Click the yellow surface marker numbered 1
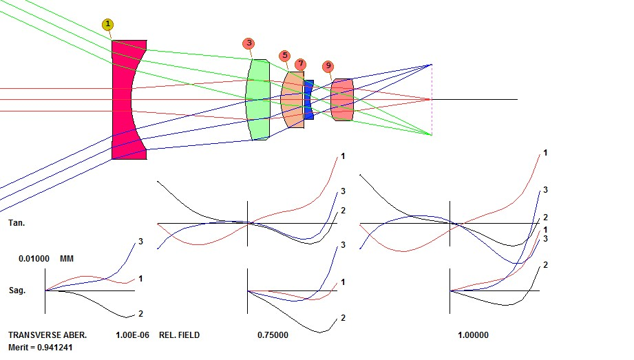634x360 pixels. [x=108, y=24]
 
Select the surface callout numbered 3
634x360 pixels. [x=249, y=43]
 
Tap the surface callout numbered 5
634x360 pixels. [x=285, y=55]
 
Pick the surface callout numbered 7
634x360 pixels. [x=300, y=64]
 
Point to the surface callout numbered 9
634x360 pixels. [x=328, y=66]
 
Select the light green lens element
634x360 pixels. [x=259, y=100]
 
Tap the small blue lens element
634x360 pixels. [x=309, y=100]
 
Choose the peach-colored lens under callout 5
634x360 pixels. [x=293, y=100]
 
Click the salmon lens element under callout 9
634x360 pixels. [x=342, y=100]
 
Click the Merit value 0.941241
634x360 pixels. [x=41, y=347]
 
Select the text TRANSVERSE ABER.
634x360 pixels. [x=47, y=335]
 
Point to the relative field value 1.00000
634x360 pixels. [x=473, y=335]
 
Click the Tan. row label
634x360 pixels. [x=17, y=223]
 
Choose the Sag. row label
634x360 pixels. [x=17, y=290]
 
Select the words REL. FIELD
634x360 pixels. [x=180, y=335]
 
